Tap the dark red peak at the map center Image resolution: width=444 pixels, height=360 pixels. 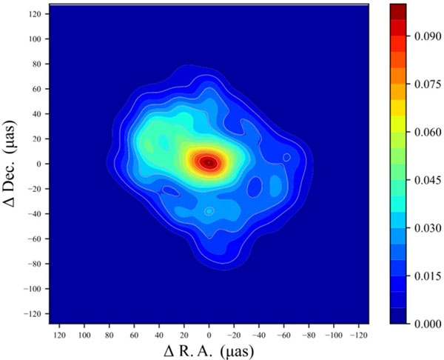209,161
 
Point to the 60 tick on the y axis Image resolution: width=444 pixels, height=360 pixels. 37,88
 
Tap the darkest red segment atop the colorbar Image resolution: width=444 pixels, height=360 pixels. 398,10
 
